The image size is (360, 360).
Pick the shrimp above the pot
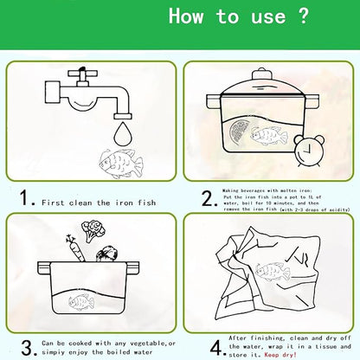(107, 254)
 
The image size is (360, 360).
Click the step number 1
(27, 201)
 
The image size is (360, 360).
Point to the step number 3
(27, 347)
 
